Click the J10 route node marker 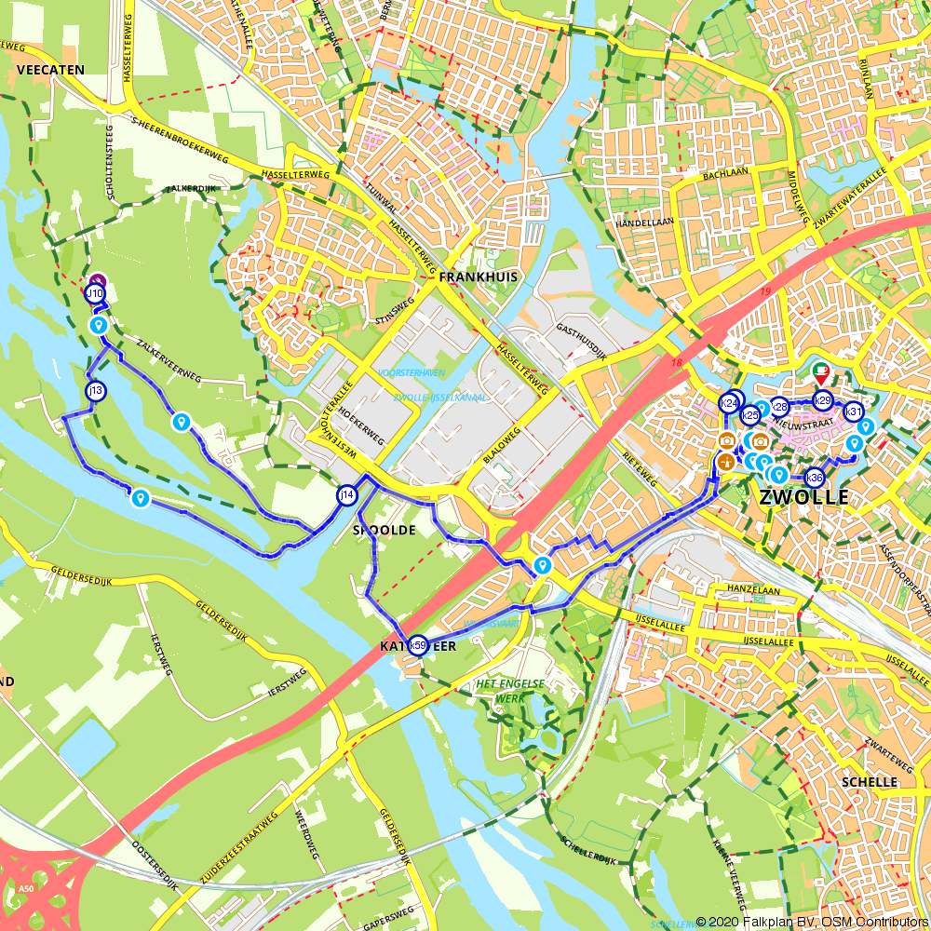[x=94, y=294]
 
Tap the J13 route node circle [x=95, y=391]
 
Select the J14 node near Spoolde [x=346, y=495]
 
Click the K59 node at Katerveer [x=418, y=645]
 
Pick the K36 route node [x=814, y=478]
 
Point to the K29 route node [x=822, y=400]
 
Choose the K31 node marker [x=853, y=412]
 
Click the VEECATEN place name [x=50, y=70]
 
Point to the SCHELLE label [x=869, y=782]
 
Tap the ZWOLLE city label [x=804, y=497]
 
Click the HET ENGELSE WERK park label [x=510, y=690]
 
